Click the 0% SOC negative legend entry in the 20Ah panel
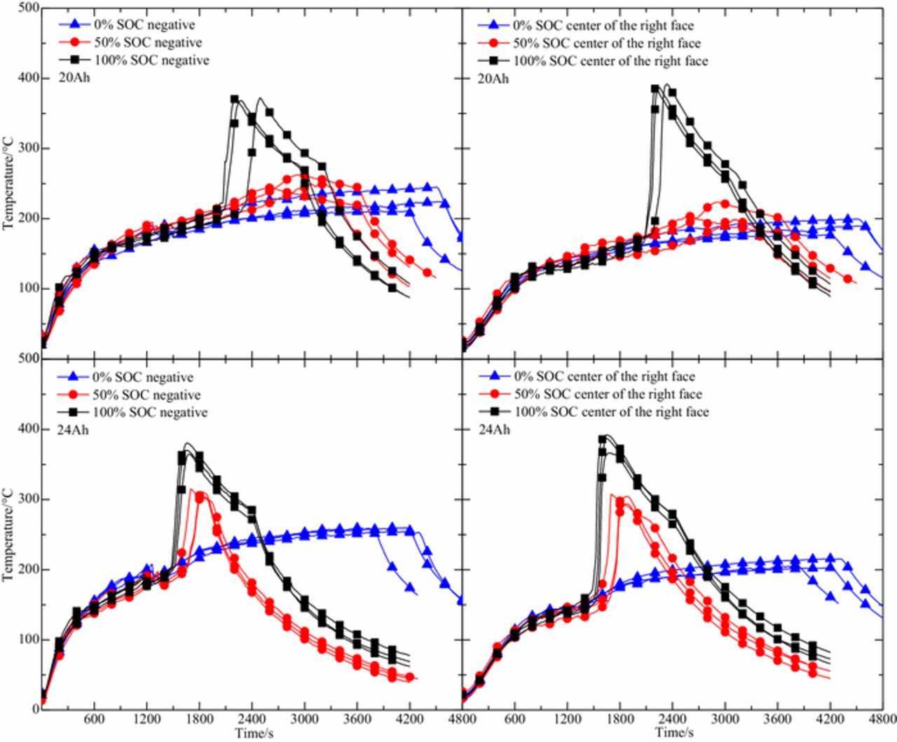pos(144,25)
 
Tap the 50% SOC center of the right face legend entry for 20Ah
pos(607,43)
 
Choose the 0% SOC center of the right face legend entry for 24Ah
pos(605,377)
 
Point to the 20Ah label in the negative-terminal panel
pos(74,78)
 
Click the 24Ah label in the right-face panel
pos(494,430)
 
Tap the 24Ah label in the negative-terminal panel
pos(74,430)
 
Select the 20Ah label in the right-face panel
pos(494,78)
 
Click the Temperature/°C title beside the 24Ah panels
pos(8,540)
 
